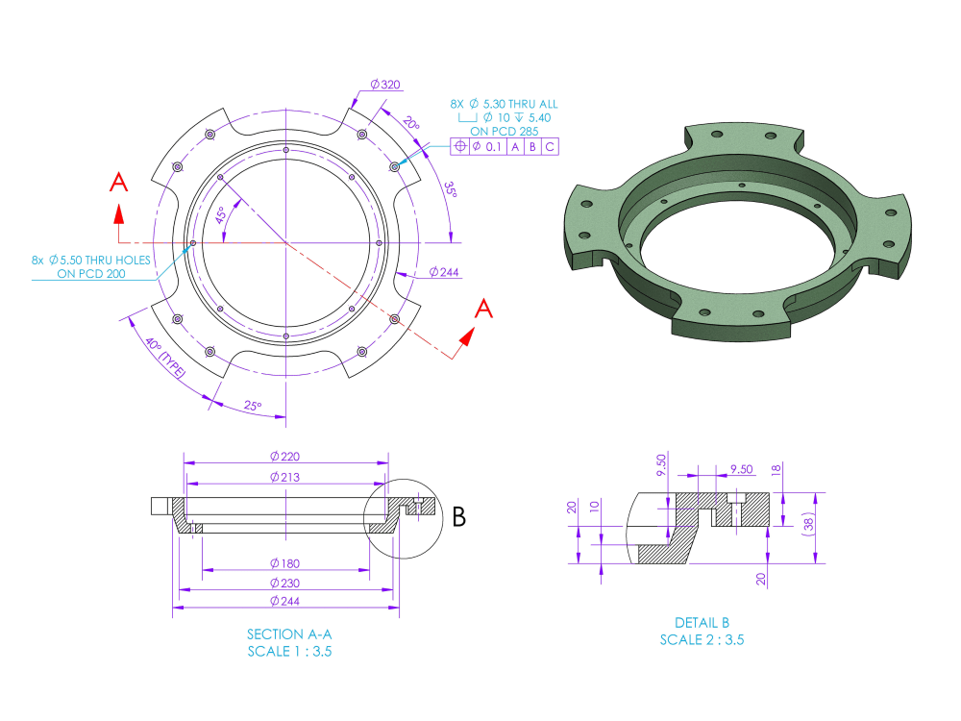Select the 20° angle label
pyautogui.click(x=410, y=125)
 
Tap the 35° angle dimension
pyautogui.click(x=451, y=189)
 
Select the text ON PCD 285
pyautogui.click(x=508, y=132)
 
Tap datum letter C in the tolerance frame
pyautogui.click(x=549, y=146)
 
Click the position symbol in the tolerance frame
pyautogui.click(x=460, y=146)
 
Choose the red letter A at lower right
pyautogui.click(x=485, y=309)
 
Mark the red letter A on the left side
pyautogui.click(x=118, y=183)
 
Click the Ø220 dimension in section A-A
pyautogui.click(x=286, y=456)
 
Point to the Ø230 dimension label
pyautogui.click(x=286, y=583)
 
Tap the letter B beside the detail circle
pyautogui.click(x=458, y=517)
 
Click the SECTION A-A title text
pyautogui.click(x=289, y=634)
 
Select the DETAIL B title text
pyautogui.click(x=702, y=623)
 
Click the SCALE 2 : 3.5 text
pyautogui.click(x=702, y=639)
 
